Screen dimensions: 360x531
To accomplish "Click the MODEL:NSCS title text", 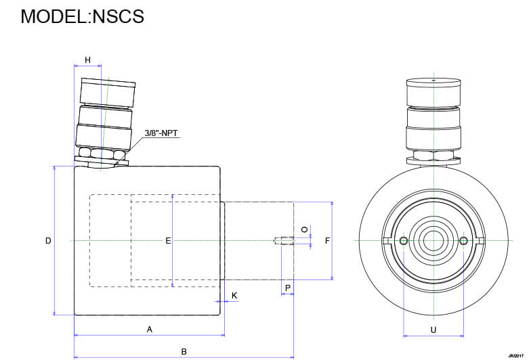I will tap(82, 16).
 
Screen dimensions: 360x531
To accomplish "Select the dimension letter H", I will tap(87, 60).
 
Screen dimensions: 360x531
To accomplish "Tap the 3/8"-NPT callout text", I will tap(161, 133).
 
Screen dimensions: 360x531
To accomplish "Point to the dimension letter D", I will tap(48, 241).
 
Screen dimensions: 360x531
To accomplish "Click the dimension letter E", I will tap(168, 241).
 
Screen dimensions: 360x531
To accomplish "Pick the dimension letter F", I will tap(327, 241).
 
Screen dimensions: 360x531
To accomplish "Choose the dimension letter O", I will tap(304, 230).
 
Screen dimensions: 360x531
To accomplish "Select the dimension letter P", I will tap(288, 288).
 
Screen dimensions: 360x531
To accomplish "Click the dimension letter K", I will tap(234, 296).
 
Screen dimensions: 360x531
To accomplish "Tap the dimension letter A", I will tap(149, 329).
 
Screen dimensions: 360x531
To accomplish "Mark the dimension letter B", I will tap(184, 352).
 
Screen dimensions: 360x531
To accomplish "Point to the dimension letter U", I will tap(433, 330).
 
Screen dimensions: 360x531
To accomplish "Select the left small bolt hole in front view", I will tap(404, 241).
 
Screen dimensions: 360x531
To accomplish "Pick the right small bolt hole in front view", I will tap(463, 241).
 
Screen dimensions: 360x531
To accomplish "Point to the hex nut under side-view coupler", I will tap(102, 154).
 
